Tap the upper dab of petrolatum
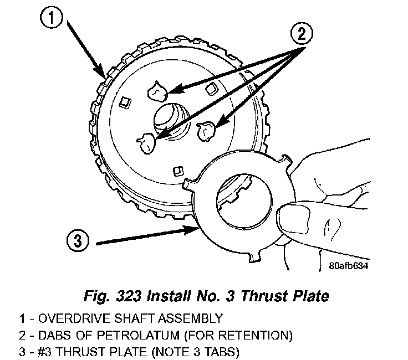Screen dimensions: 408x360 (157, 90)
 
